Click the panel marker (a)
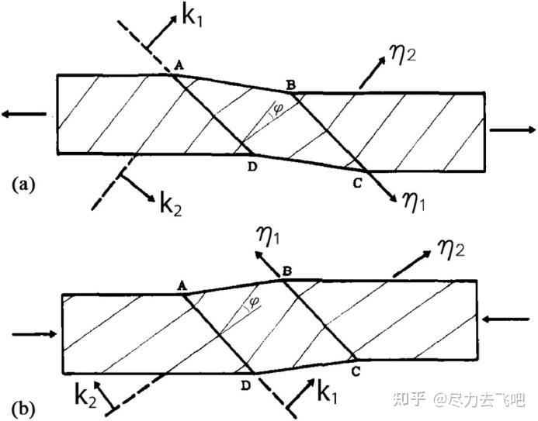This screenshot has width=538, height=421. pos(24,184)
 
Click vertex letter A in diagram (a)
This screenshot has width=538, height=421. pos(179,67)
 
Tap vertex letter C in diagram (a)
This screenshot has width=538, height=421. pos(356,183)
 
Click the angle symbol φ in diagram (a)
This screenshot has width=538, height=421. pos(279,109)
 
